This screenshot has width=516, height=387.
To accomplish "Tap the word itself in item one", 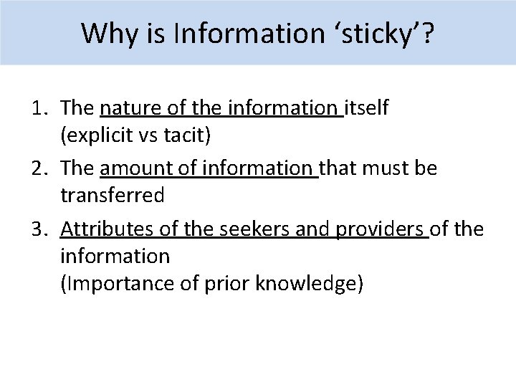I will (x=367, y=108).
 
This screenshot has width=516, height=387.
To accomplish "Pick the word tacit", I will (x=188, y=134).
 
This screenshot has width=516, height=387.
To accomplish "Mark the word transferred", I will (x=113, y=194).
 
